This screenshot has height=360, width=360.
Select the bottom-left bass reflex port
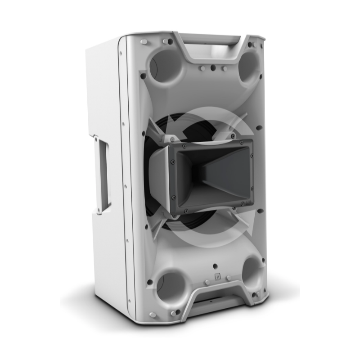[x=171, y=286]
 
